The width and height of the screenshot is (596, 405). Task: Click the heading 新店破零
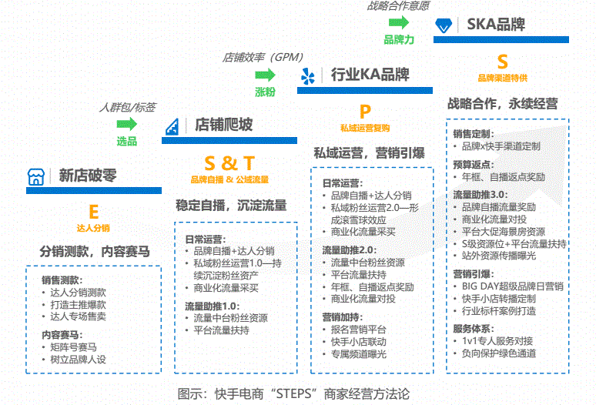[88, 176]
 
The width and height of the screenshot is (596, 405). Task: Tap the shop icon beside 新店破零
[35, 176]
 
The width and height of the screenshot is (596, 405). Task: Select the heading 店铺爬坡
[223, 125]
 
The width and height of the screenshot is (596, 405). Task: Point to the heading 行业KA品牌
[370, 75]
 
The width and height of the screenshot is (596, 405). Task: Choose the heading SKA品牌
[496, 24]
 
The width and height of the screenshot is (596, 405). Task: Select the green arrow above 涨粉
[266, 74]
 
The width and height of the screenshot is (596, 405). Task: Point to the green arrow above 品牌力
[398, 23]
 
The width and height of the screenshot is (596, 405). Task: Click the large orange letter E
[93, 212]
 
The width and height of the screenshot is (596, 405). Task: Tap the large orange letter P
[365, 112]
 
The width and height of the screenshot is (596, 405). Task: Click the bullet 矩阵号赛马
[75, 347]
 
